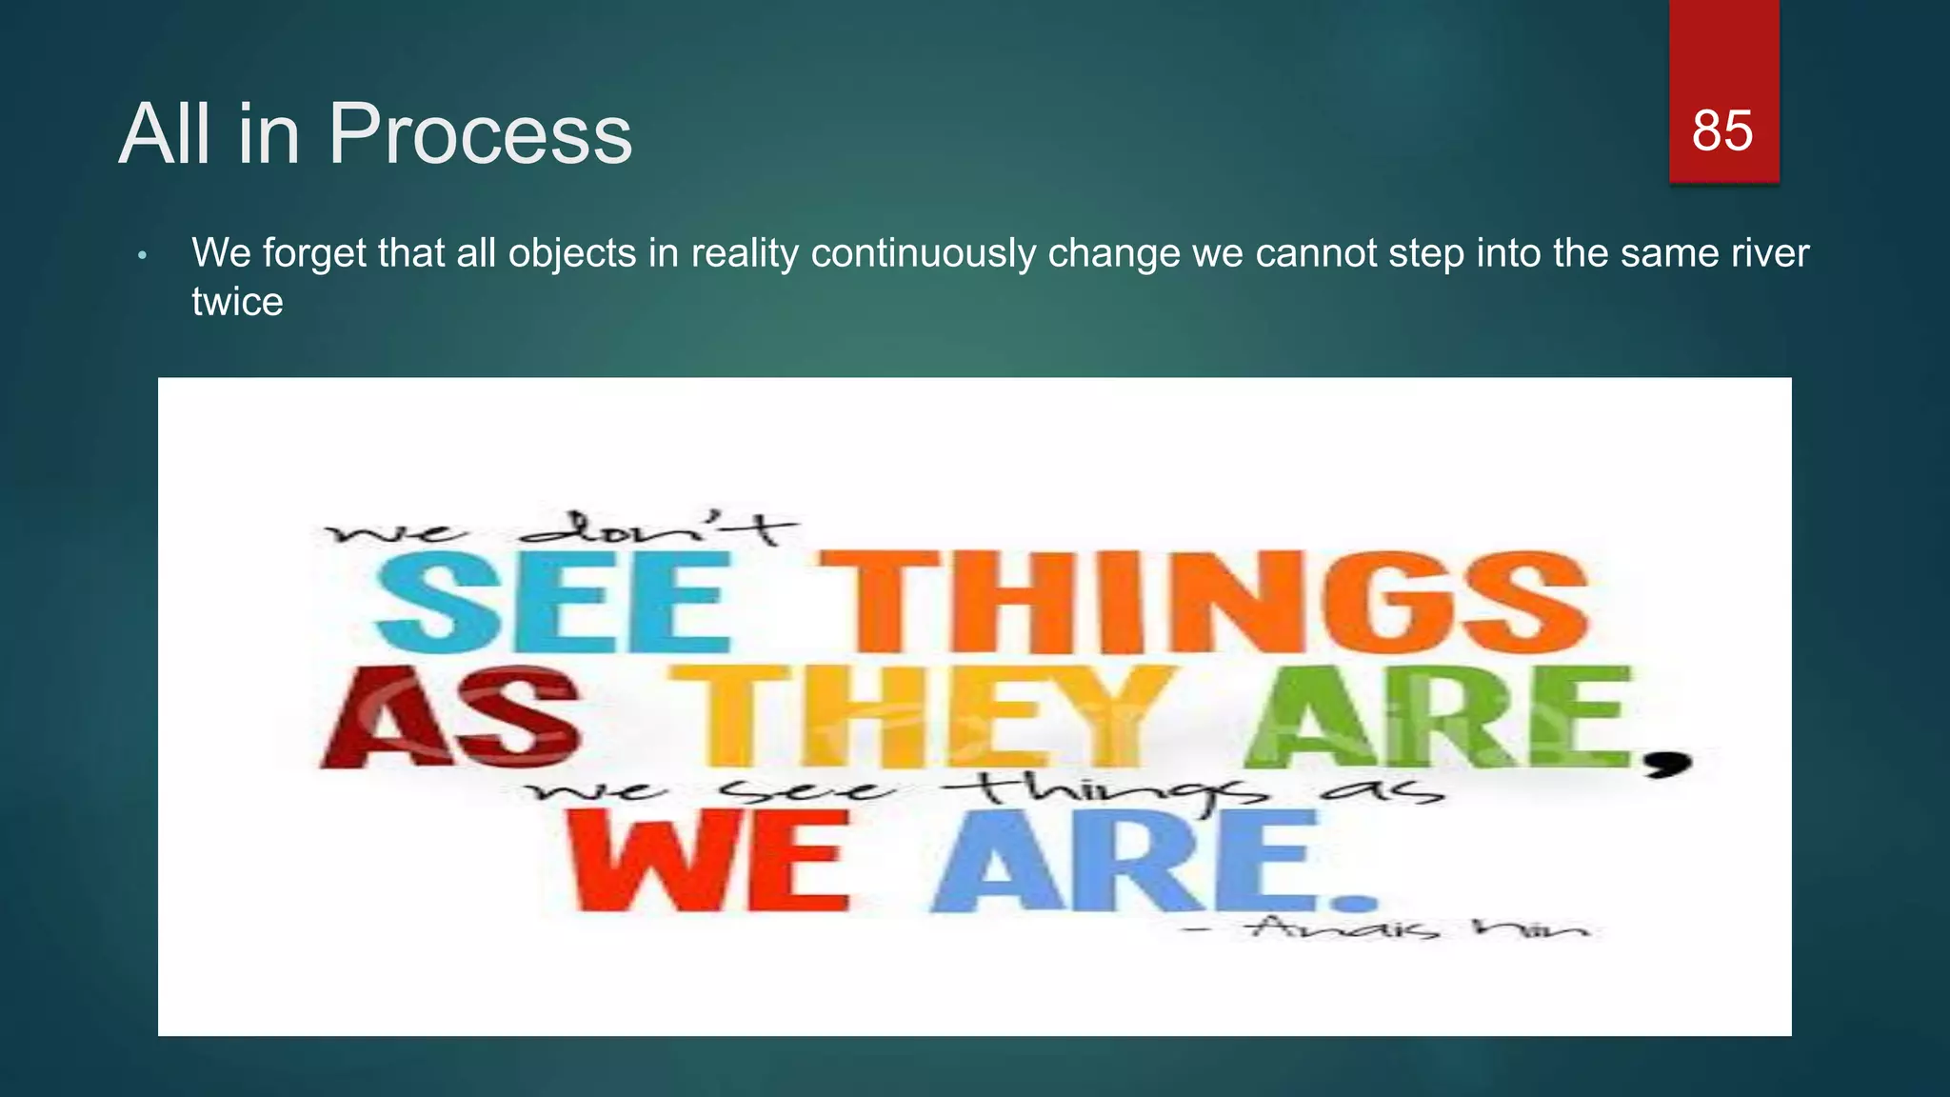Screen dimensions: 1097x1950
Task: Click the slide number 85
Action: click(x=1721, y=130)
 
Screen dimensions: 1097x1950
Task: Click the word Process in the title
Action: click(x=480, y=134)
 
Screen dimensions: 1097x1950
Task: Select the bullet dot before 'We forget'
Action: click(x=142, y=256)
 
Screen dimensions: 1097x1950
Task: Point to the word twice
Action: click(x=237, y=303)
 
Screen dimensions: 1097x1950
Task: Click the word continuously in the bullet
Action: click(x=923, y=253)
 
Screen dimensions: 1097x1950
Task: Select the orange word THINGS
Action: click(x=1204, y=602)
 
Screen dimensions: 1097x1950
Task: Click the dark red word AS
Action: click(x=449, y=719)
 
